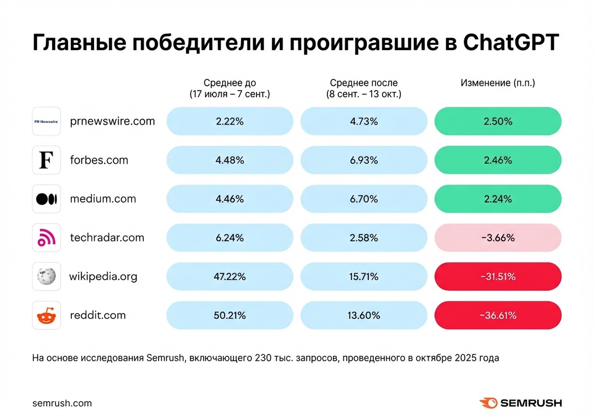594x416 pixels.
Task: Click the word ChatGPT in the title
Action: [x=510, y=42]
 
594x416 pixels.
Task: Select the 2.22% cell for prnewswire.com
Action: [x=229, y=121]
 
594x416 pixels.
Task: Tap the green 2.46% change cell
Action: [x=498, y=160]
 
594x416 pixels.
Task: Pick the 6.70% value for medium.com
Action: [x=364, y=199]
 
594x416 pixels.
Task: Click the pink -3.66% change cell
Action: [x=498, y=238]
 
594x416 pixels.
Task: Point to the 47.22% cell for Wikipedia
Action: [x=229, y=277]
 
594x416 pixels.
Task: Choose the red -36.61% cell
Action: [x=498, y=315]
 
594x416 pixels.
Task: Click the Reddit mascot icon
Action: [x=46, y=315]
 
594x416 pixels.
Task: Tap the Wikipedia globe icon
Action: [x=46, y=276]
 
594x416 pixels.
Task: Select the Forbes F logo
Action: [x=46, y=160]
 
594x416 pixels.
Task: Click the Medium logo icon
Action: [x=46, y=199]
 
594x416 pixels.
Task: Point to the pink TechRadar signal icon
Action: [x=46, y=238]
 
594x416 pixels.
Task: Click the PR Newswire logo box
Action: [x=46, y=121]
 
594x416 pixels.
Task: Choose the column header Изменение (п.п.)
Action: [x=498, y=83]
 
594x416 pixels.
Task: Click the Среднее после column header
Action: [x=364, y=83]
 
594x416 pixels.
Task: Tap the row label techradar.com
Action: [x=107, y=238]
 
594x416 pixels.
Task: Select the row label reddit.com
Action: [x=98, y=315]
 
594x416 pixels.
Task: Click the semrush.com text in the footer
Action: [x=62, y=403]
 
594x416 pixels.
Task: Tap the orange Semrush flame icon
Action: [x=488, y=403]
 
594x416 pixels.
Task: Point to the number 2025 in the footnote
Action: [x=465, y=358]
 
